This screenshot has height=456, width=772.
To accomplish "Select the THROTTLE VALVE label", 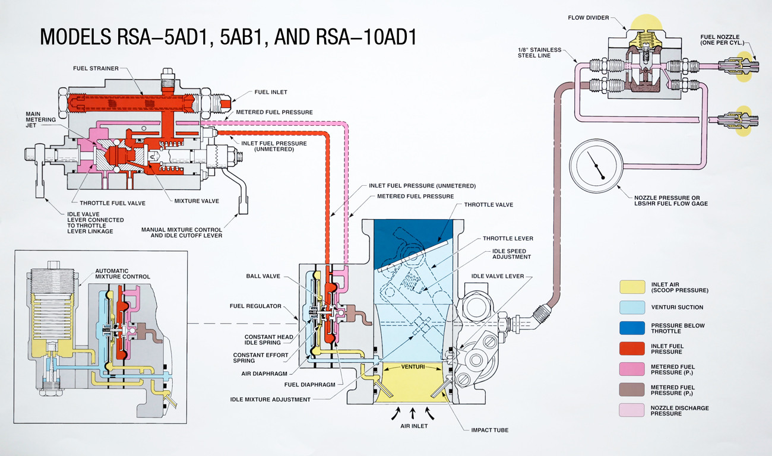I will coord(489,205).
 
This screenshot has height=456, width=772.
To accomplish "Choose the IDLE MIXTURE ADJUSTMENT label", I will coord(270,399).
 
